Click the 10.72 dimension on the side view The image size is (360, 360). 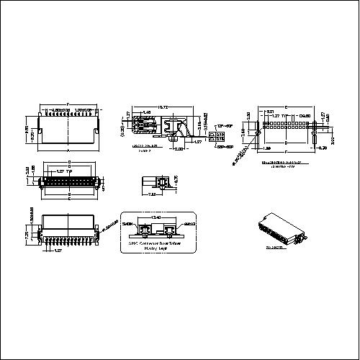(162, 107)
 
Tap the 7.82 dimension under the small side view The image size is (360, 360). (153, 194)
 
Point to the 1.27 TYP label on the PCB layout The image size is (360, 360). (276, 116)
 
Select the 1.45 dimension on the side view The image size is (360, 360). (147, 112)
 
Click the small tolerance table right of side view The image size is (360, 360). (217, 135)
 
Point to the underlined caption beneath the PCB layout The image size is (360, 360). (284, 165)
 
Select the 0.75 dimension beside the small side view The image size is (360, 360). (177, 179)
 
